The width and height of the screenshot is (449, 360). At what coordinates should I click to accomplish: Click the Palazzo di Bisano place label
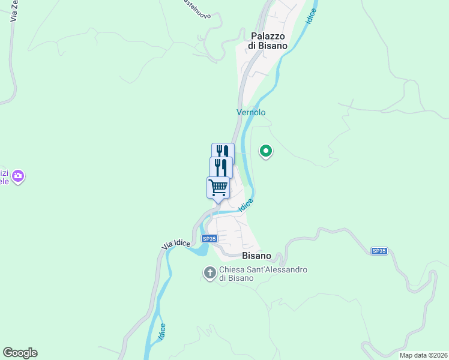[x=268, y=40]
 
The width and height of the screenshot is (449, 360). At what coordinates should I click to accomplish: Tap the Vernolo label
[x=251, y=112]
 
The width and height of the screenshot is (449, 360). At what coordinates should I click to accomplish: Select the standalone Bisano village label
[x=256, y=256]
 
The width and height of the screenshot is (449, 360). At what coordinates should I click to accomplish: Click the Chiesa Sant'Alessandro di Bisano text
[x=263, y=274]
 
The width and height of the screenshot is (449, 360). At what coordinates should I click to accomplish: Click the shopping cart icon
[x=218, y=187]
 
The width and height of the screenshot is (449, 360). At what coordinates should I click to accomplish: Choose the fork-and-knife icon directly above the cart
[x=221, y=167]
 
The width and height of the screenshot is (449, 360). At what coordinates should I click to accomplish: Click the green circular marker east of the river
[x=265, y=152]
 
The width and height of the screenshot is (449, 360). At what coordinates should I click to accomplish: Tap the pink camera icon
[x=19, y=176]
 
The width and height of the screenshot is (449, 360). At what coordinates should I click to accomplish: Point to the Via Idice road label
[x=176, y=244]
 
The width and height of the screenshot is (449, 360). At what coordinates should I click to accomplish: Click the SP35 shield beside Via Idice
[x=209, y=238]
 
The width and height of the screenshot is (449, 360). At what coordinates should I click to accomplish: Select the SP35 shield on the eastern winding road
[x=379, y=251]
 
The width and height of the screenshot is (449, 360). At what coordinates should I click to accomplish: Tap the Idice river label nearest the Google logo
[x=162, y=332]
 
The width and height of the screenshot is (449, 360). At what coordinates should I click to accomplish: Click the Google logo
[x=20, y=353]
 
